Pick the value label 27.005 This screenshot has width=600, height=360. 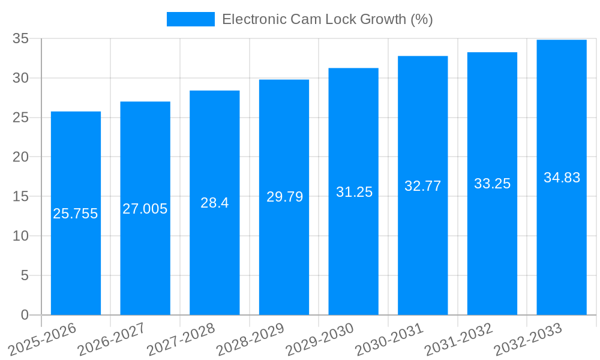coord(145,209)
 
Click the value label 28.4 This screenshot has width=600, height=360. coord(215,203)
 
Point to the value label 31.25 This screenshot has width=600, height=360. coord(354,192)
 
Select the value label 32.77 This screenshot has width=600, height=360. coord(423,186)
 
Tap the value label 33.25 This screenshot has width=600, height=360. coord(492,184)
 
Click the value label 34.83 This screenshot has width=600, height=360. coord(562,178)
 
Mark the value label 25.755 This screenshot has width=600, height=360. coord(76,214)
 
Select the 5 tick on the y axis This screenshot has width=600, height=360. coord(25,275)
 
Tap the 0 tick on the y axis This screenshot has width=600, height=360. coord(25,314)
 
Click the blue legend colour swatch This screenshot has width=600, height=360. coord(190,19)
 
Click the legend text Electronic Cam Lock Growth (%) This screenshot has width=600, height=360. coord(327,19)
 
